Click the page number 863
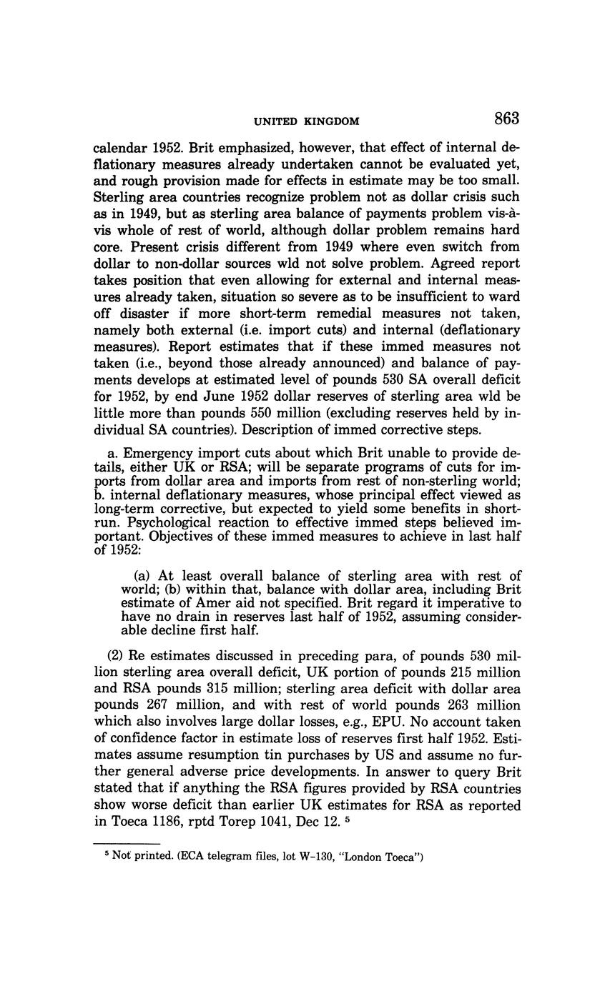pyautogui.click(x=505, y=119)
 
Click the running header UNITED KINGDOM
pyautogui.click(x=307, y=121)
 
